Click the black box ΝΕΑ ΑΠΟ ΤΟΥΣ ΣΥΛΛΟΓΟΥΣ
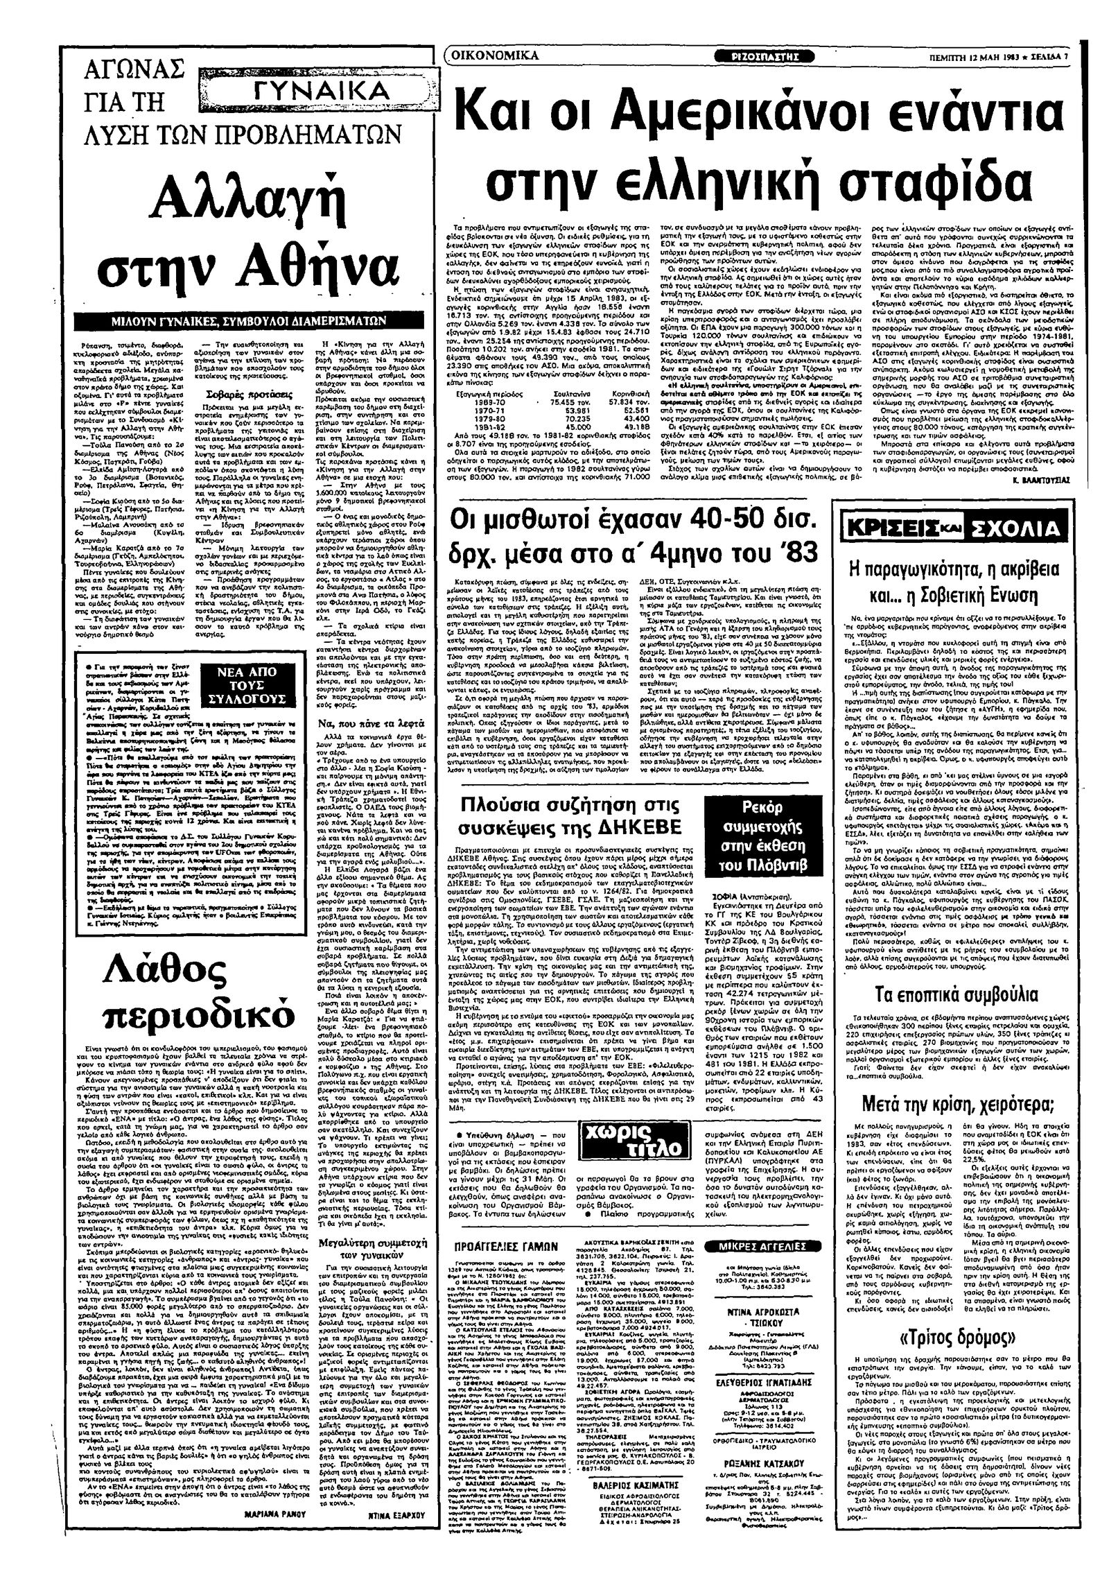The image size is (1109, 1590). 247,685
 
